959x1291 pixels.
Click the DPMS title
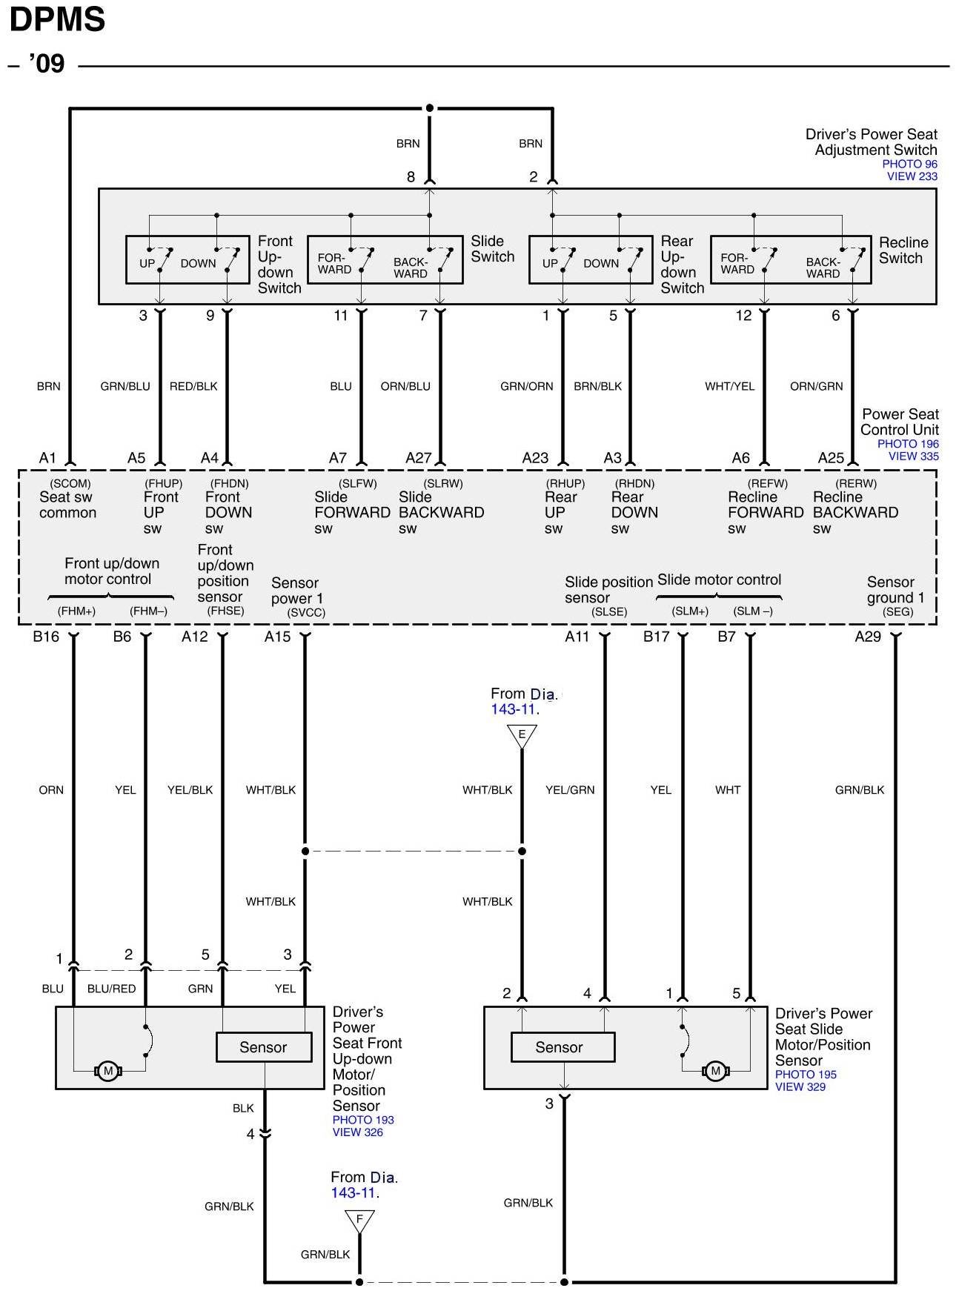(57, 20)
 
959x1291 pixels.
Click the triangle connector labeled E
(522, 735)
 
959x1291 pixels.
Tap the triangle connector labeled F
(359, 1220)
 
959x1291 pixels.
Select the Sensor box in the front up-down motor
(263, 1047)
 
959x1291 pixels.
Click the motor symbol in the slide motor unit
(715, 1070)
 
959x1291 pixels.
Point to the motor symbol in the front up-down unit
(108, 1070)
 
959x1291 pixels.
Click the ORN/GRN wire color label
(816, 386)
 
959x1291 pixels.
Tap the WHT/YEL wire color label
(729, 386)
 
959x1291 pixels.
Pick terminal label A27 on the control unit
(418, 458)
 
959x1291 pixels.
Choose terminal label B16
(46, 637)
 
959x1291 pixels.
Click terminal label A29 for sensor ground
(867, 637)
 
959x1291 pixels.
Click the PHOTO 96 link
(909, 164)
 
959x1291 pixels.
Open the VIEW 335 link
(913, 456)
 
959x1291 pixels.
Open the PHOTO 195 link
(806, 1074)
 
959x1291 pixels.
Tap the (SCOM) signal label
(70, 483)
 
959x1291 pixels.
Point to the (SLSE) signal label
(609, 611)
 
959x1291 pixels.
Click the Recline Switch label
(902, 250)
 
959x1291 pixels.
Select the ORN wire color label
(51, 790)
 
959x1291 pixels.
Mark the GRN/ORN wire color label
(526, 386)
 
